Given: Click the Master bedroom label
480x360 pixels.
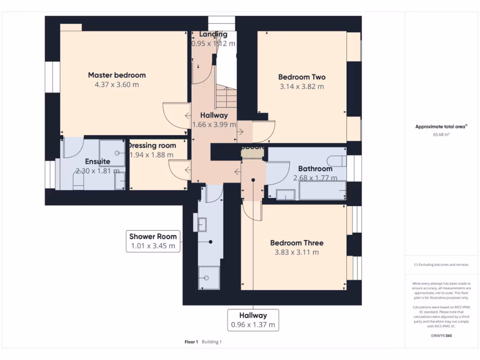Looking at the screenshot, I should (x=117, y=75).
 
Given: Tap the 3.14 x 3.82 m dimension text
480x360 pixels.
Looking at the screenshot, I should (x=302, y=86).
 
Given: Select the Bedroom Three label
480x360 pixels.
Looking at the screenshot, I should (x=297, y=243).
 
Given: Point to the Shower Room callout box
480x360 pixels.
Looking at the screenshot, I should (x=152, y=241).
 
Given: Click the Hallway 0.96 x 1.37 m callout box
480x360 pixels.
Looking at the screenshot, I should (x=253, y=320).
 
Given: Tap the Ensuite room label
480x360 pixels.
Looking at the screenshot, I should (x=97, y=162).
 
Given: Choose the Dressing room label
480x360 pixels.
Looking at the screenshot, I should (x=152, y=145).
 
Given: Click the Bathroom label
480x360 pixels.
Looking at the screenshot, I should (x=315, y=169).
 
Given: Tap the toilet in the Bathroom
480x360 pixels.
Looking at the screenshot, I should (x=337, y=161).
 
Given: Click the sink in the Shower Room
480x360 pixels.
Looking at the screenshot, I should (x=202, y=224).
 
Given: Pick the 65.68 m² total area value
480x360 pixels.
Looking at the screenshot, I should (x=441, y=135).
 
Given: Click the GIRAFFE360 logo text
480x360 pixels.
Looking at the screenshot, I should (x=441, y=336).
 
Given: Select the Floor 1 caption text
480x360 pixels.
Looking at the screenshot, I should (x=191, y=342).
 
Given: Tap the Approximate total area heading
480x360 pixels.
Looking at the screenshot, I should (x=441, y=127).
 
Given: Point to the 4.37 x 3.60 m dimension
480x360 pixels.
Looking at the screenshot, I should (x=117, y=85).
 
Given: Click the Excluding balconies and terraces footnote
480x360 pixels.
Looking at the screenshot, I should (x=441, y=265).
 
